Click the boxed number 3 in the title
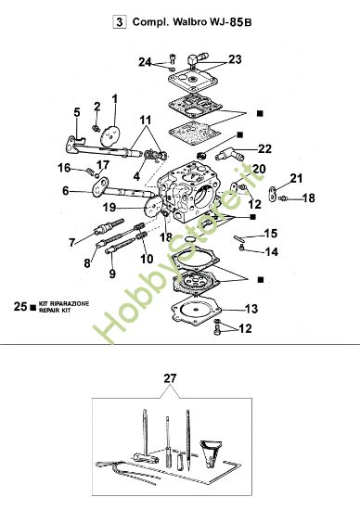(x=118, y=18)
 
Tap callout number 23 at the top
(x=235, y=59)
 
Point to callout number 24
(x=145, y=63)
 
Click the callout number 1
(x=115, y=98)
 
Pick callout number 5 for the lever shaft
(x=78, y=112)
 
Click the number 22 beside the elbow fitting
(x=264, y=148)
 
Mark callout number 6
(x=66, y=191)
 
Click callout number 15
(x=271, y=233)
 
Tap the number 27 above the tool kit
(x=168, y=378)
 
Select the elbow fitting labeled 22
(x=230, y=149)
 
